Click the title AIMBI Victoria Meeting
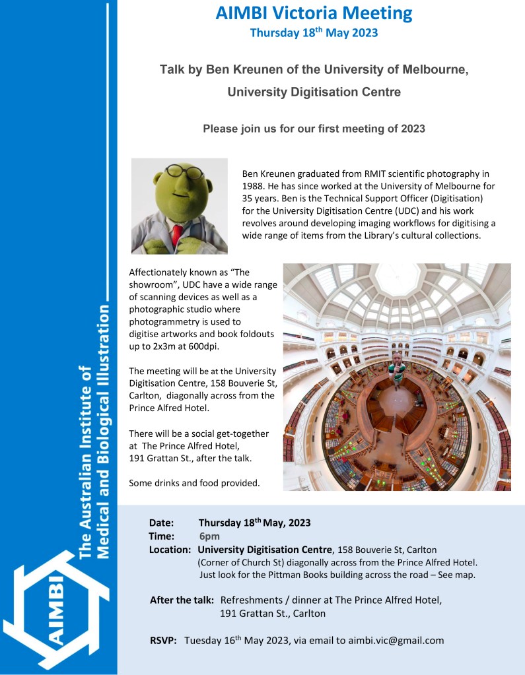pos(314,13)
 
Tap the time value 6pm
pos(210,536)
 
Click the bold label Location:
pos(170,550)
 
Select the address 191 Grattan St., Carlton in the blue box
pos(273,613)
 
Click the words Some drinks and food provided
pos(194,483)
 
